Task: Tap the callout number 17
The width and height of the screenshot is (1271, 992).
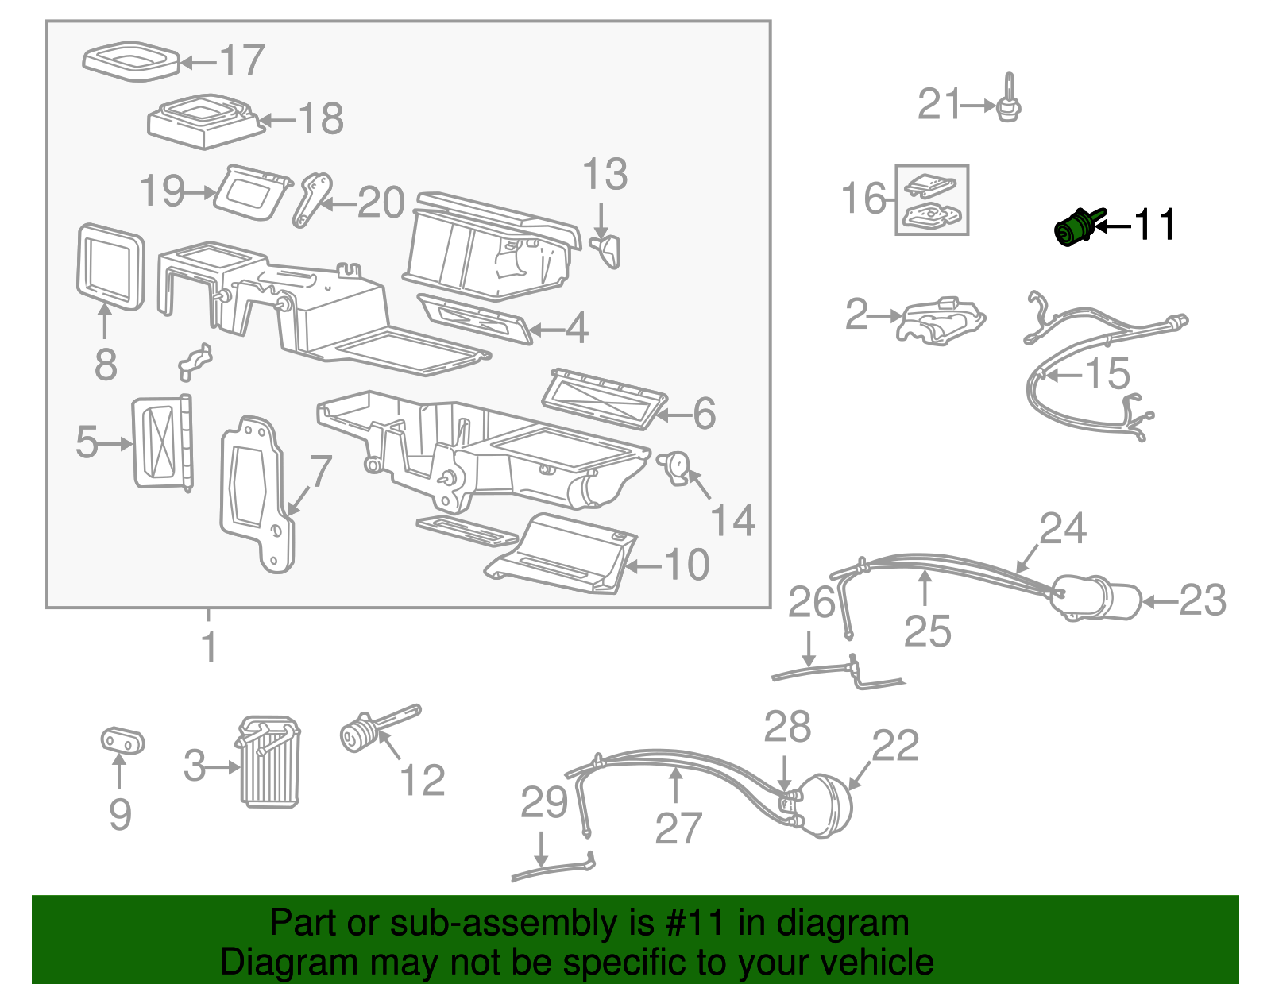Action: [x=241, y=60]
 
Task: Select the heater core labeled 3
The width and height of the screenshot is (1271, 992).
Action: [x=270, y=762]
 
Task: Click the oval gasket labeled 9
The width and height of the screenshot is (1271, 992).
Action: [x=122, y=741]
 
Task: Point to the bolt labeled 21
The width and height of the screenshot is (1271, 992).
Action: [x=1009, y=101]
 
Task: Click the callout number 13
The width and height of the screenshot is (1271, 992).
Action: [x=605, y=175]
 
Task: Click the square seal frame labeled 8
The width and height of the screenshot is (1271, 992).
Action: [x=110, y=267]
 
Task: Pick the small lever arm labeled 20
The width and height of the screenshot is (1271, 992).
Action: [x=312, y=199]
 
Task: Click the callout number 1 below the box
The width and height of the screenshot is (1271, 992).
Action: [x=209, y=647]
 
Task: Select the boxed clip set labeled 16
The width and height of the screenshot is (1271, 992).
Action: [x=932, y=200]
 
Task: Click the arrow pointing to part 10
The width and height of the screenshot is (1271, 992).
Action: [x=643, y=566]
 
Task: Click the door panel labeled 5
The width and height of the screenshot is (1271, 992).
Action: [x=162, y=442]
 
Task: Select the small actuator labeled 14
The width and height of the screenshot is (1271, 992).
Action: [x=676, y=466]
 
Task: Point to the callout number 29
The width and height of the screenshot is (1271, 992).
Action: [x=544, y=803]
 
